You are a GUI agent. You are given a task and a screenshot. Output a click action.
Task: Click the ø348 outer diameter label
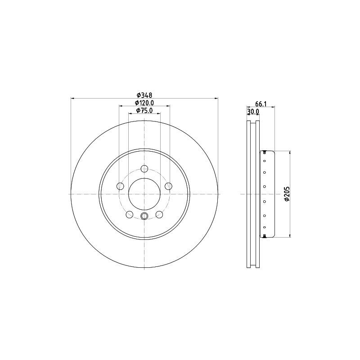pyautogui.click(x=144, y=95)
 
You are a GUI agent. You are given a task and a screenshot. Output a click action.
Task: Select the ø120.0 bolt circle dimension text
pyautogui.click(x=144, y=103)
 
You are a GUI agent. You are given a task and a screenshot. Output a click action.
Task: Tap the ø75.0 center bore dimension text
pyautogui.click(x=144, y=110)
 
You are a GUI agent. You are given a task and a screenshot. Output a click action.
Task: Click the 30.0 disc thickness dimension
pyautogui.click(x=253, y=112)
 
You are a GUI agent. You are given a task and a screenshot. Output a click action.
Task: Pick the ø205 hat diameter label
pyautogui.click(x=287, y=193)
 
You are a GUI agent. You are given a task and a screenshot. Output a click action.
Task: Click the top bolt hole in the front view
pyautogui.click(x=144, y=169)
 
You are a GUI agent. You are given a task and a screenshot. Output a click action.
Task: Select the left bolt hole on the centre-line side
pyautogui.click(x=120, y=186)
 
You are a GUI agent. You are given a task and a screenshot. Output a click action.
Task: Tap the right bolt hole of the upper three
pyautogui.click(x=169, y=186)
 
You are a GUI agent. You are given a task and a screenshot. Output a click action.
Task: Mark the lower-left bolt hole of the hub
pyautogui.click(x=130, y=215)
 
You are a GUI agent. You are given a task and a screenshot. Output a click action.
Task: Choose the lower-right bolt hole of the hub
pyautogui.click(x=159, y=215)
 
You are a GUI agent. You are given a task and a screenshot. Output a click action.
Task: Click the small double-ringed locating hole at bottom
pyautogui.click(x=144, y=217)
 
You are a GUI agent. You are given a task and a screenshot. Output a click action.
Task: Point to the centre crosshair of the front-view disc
pyautogui.click(x=144, y=194)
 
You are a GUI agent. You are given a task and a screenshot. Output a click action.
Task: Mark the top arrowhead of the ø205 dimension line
pyautogui.click(x=290, y=153)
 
